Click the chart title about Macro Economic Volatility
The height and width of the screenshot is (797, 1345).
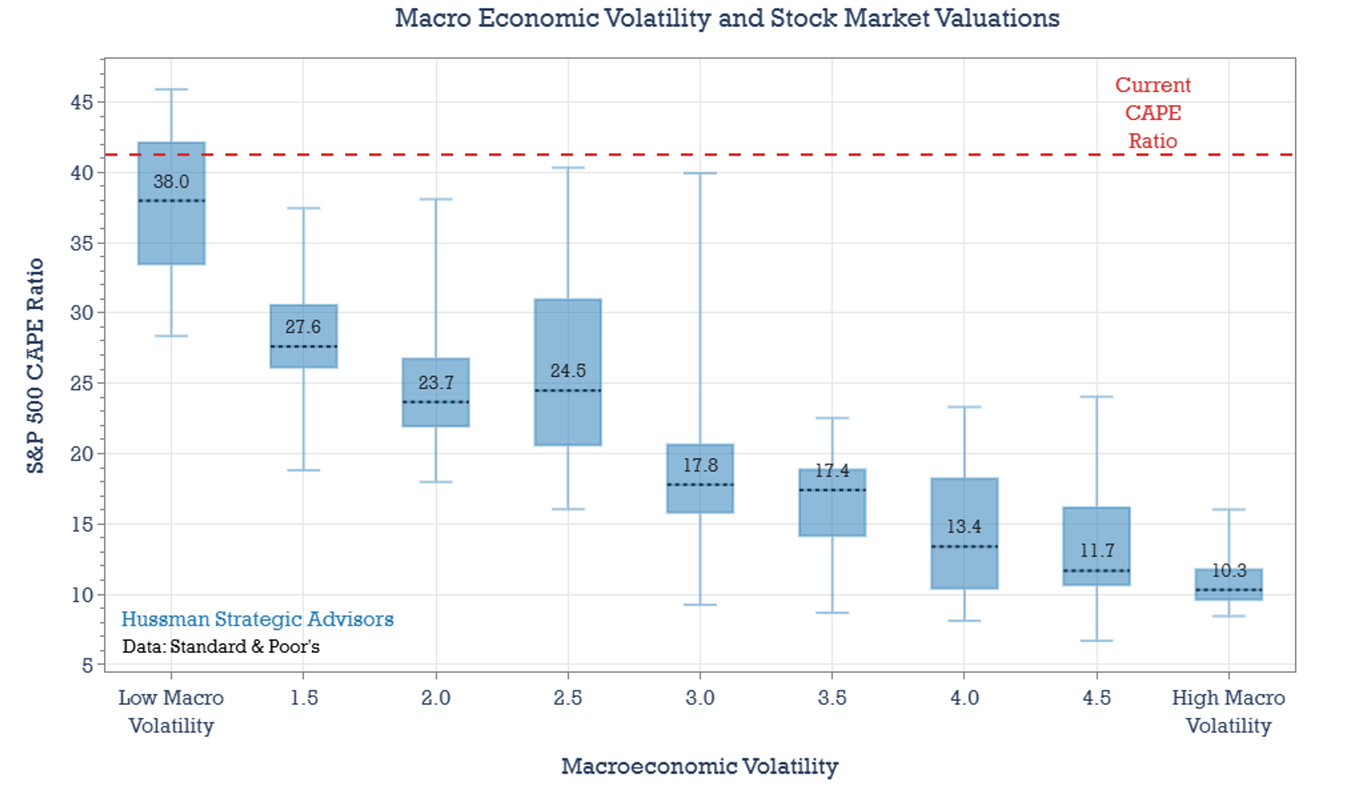point(727,18)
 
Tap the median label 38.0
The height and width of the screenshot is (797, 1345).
point(171,181)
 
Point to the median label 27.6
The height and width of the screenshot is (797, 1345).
point(303,327)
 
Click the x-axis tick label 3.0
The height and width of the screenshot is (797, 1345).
point(699,697)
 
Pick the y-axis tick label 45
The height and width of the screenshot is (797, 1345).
point(82,102)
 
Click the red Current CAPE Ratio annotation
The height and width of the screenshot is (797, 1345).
point(1152,113)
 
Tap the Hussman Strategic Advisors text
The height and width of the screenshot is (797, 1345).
point(257,619)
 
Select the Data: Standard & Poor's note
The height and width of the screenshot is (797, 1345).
point(221,646)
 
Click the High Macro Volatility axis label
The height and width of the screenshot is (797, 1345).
point(1228,711)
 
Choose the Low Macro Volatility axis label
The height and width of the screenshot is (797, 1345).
point(171,711)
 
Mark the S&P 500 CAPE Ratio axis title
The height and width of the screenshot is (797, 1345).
point(35,366)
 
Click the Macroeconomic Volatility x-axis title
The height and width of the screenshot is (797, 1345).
point(699,766)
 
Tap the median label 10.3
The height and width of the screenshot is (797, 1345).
point(1229,571)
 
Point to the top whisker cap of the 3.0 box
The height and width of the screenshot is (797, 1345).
point(700,173)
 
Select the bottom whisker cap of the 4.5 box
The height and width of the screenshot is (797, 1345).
point(1096,640)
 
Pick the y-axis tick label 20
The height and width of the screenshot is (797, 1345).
point(82,454)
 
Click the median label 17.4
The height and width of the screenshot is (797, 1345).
point(832,471)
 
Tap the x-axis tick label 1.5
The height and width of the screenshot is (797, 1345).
point(304,697)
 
